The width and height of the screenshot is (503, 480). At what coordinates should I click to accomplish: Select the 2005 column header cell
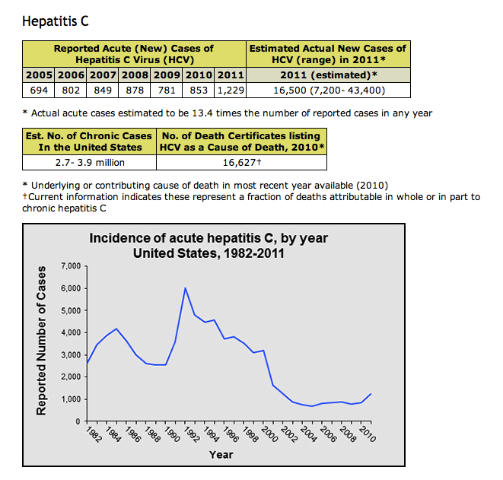[40, 75]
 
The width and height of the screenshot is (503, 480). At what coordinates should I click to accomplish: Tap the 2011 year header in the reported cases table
[231, 75]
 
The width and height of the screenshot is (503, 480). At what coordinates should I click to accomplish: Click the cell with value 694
[40, 90]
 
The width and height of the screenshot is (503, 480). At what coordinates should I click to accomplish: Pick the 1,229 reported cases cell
[231, 90]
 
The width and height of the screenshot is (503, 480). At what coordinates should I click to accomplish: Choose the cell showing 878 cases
[135, 90]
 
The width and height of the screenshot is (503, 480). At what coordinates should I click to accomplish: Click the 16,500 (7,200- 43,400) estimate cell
[329, 90]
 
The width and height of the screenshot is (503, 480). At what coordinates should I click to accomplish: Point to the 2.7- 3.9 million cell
[90, 162]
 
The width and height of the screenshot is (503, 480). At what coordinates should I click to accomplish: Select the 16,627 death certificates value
[241, 162]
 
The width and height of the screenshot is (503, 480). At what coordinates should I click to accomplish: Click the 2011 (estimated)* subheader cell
[329, 75]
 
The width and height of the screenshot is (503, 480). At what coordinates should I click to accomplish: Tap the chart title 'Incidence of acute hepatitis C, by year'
[209, 238]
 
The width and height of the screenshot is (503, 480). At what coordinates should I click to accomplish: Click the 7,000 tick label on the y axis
[69, 266]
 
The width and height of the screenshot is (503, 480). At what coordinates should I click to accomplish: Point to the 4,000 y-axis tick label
[69, 332]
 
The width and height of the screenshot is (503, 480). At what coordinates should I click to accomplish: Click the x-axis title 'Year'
[221, 455]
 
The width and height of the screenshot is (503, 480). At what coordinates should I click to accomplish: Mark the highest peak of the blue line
[186, 288]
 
